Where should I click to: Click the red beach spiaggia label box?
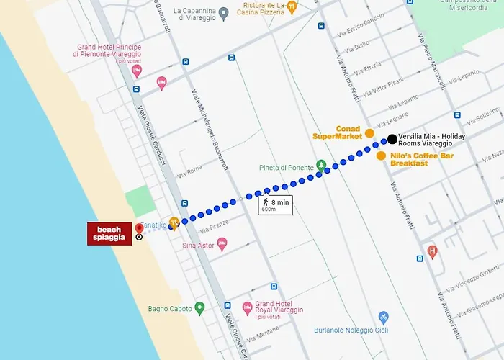(x=109, y=234)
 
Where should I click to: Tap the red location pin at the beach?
(x=138, y=228)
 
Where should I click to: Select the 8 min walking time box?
(x=276, y=205)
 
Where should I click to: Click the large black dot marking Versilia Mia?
(x=391, y=139)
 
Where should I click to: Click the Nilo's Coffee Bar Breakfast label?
(x=409, y=159)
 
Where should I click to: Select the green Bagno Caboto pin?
(x=200, y=309)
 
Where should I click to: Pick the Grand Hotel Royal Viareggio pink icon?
(x=247, y=307)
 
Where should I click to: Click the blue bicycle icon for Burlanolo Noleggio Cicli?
(x=384, y=317)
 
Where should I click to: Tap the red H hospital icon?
(x=432, y=252)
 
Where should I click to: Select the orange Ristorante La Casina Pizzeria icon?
(x=291, y=6)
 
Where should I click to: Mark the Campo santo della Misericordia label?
(x=470, y=6)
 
